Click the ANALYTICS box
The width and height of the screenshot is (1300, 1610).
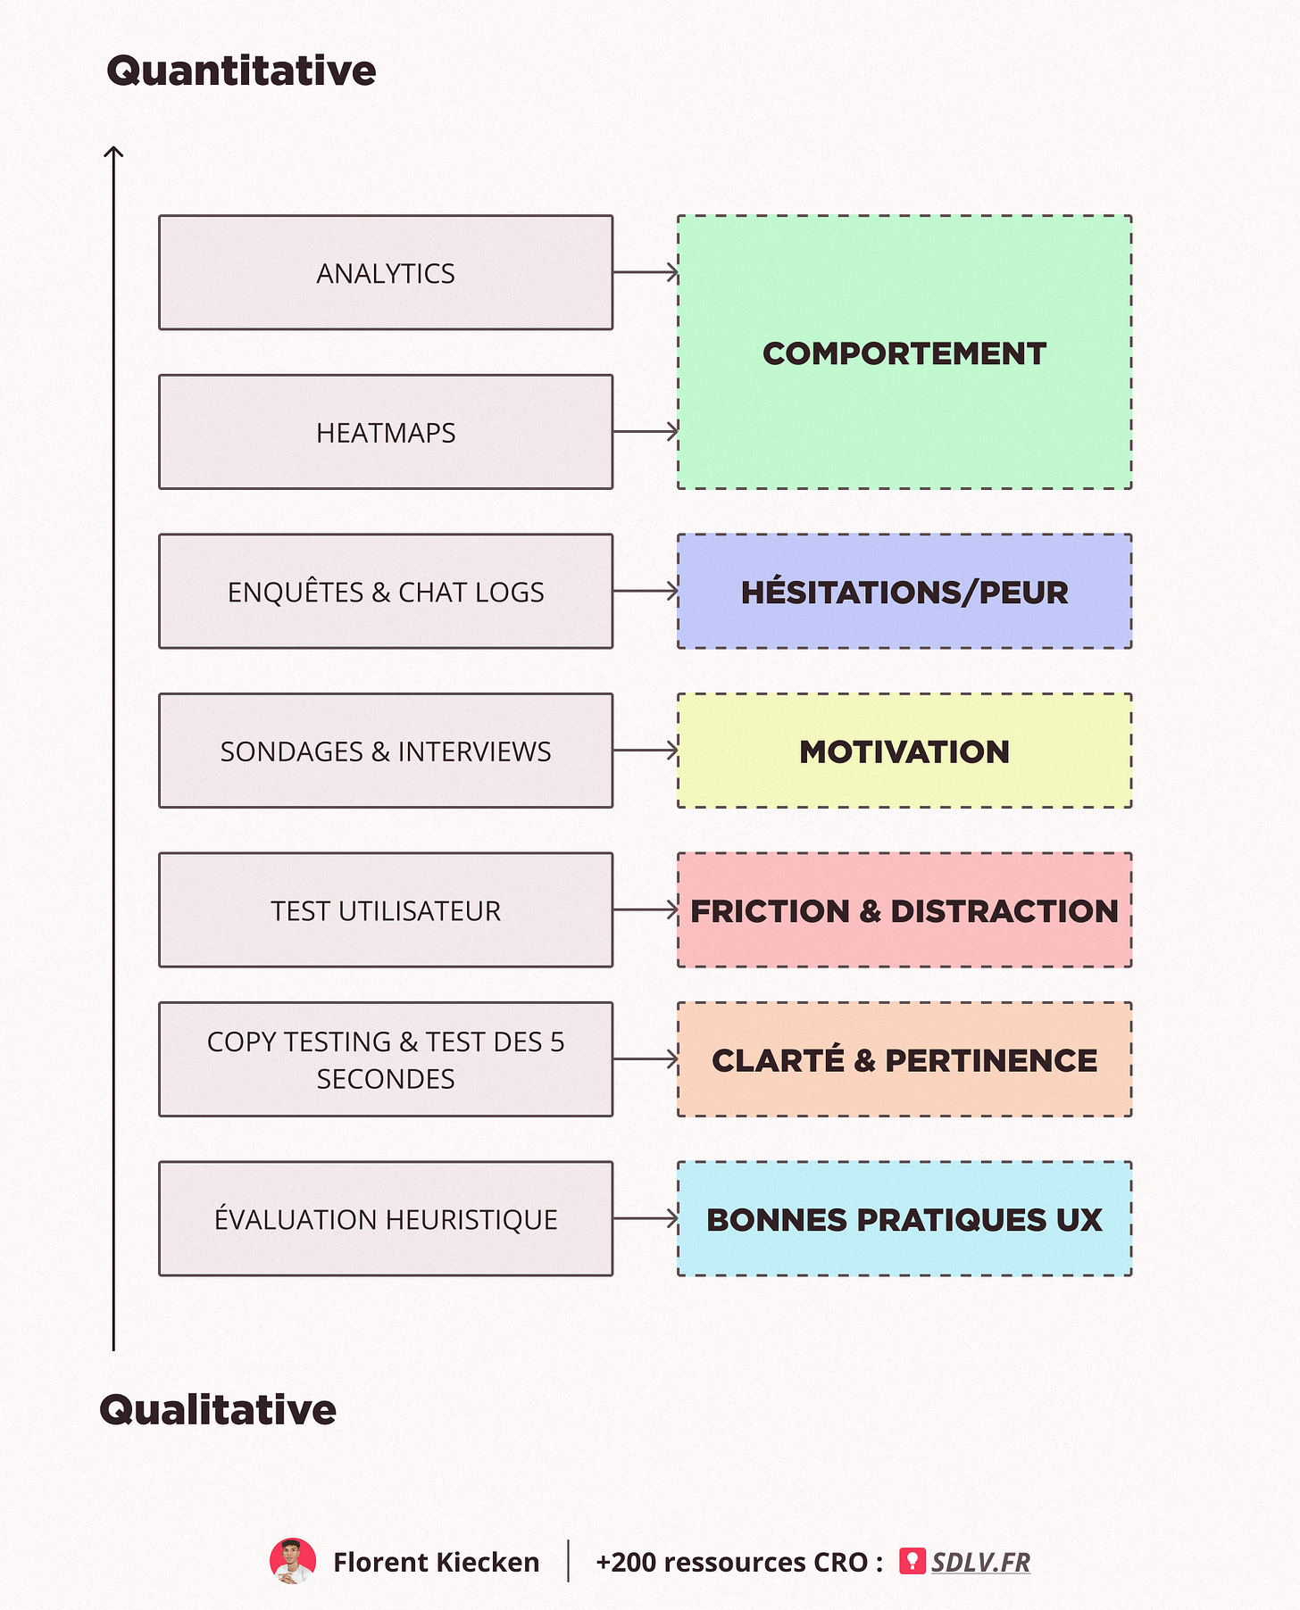(386, 272)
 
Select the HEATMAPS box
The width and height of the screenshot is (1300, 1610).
(386, 432)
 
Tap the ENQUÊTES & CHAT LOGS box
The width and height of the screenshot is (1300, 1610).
(386, 591)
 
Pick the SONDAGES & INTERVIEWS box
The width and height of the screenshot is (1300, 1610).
(386, 751)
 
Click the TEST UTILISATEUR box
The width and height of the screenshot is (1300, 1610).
(386, 909)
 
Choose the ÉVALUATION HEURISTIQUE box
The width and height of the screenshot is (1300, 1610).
(386, 1218)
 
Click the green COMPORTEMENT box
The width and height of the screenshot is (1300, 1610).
(904, 353)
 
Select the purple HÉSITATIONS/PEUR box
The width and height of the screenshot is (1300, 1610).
(904, 591)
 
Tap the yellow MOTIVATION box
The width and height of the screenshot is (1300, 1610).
(904, 751)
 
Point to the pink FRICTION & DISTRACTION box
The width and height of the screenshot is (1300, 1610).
(904, 909)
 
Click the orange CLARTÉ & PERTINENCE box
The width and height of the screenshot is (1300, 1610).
(904, 1059)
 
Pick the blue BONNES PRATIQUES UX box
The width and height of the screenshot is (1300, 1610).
(904, 1218)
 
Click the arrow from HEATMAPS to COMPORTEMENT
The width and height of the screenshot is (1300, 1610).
(646, 432)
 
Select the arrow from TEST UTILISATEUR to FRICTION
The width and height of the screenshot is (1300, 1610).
(646, 909)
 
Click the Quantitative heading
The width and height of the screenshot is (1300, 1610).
(241, 71)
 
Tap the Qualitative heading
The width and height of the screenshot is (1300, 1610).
(218, 1409)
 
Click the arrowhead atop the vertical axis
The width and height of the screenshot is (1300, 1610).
(113, 154)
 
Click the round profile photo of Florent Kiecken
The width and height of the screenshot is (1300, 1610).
(293, 1561)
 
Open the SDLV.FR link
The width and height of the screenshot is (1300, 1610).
(980, 1562)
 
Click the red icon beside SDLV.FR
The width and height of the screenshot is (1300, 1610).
(912, 1561)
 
